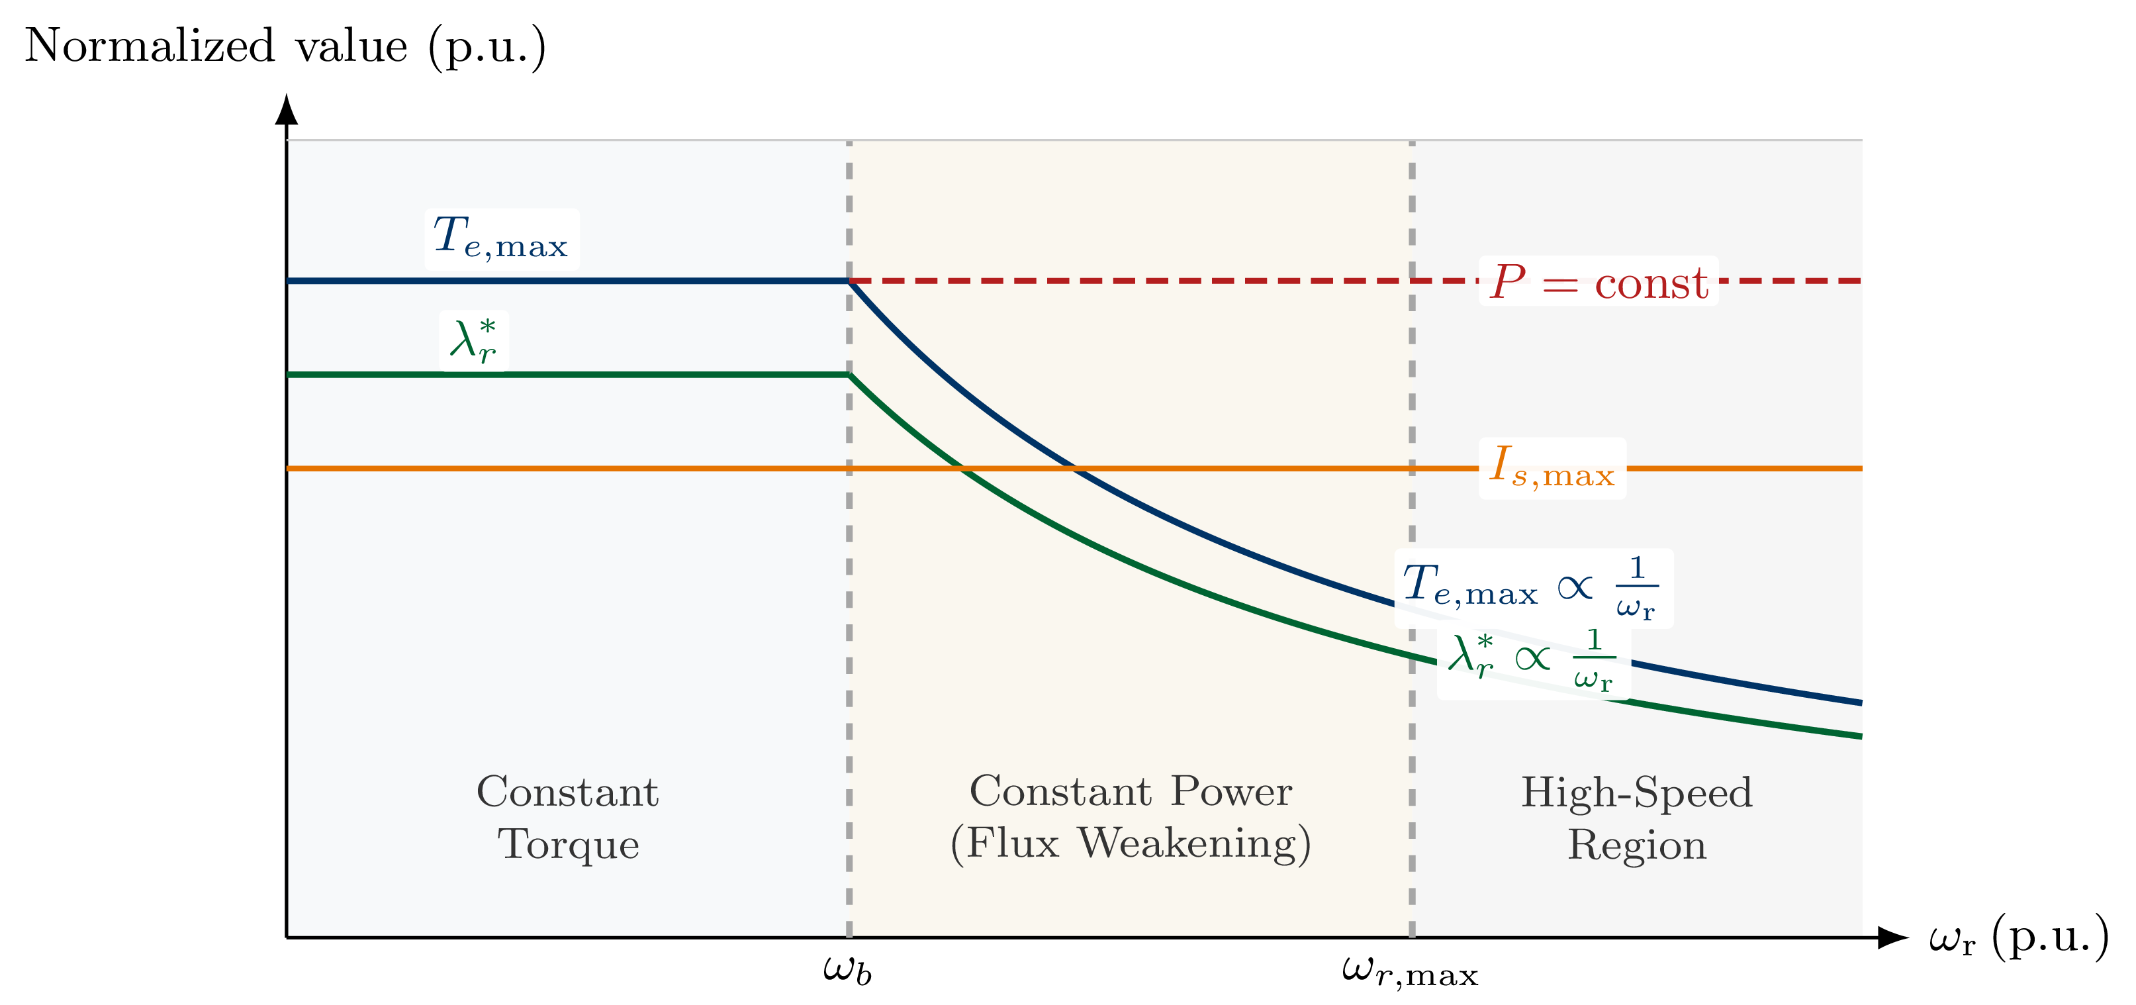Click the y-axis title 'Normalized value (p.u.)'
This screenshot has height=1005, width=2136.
coord(285,46)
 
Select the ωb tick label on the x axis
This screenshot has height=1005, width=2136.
coord(847,969)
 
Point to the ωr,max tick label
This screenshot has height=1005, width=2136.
coord(1410,971)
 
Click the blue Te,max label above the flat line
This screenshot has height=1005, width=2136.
coord(501,238)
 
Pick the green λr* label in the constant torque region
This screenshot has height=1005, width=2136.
coord(473,341)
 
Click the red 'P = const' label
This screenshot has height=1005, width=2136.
coord(1598,282)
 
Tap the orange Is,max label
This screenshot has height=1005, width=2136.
coord(1552,467)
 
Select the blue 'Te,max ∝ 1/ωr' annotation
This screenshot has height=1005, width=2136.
coord(1532,588)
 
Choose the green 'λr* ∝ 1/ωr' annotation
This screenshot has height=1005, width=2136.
coord(1532,661)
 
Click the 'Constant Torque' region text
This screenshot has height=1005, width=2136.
coord(568,818)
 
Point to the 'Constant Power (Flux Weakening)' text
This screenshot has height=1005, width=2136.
coord(1130,818)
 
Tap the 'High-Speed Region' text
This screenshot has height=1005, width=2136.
coord(1636,818)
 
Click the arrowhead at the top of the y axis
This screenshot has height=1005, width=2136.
coord(286,109)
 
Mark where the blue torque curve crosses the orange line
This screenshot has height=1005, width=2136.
coord(1076,469)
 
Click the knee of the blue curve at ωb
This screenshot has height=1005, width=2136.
coord(849,281)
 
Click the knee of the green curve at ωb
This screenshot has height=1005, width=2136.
coord(849,375)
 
